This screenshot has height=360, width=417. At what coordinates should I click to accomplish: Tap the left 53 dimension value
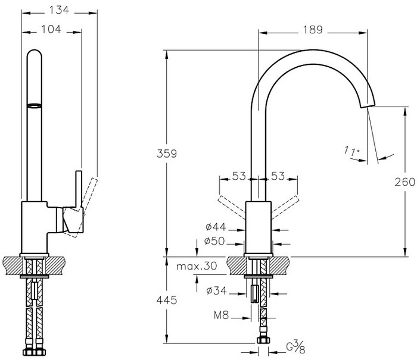coord(239,176)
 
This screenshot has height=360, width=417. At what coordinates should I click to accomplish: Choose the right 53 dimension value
coord(278,176)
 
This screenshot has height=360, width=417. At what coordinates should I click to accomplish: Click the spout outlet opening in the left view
coord(36,105)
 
